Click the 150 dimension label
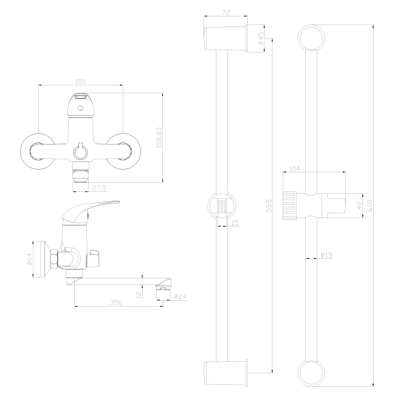(81, 81)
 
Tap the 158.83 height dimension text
(159, 138)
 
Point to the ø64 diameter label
(29, 261)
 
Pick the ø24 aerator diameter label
(180, 296)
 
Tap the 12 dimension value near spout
(138, 295)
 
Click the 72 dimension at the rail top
(225, 13)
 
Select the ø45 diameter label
(261, 39)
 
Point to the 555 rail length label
(269, 206)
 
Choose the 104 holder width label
(294, 169)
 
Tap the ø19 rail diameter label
(326, 255)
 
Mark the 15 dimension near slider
(235, 223)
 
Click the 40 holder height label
(359, 206)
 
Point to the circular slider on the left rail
(222, 207)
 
